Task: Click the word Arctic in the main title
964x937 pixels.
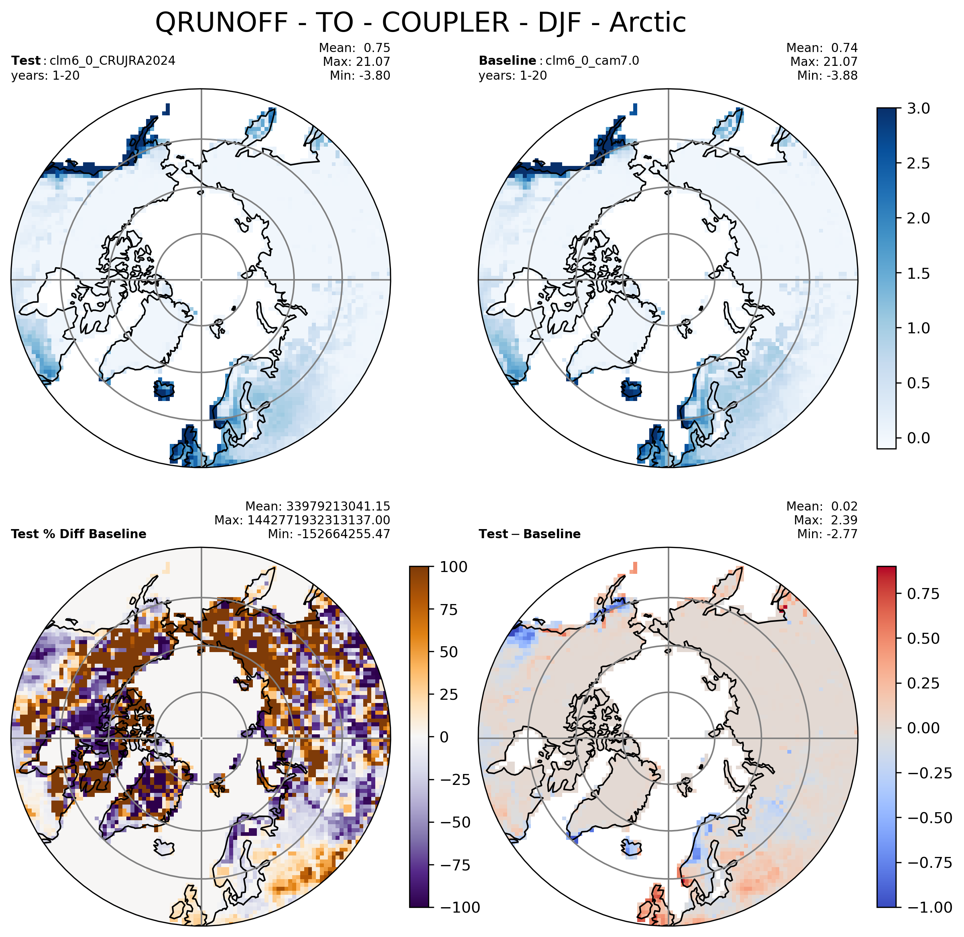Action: coord(648,23)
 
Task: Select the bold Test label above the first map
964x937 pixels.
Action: coord(26,60)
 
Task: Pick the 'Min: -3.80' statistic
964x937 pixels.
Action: coord(360,75)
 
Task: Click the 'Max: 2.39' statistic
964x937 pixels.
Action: coord(826,520)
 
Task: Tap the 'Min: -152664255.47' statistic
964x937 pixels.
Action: coord(329,534)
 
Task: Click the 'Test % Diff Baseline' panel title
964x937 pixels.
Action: coord(79,534)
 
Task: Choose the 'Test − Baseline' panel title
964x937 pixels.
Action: coord(529,534)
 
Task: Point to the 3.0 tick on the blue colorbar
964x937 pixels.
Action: coord(918,108)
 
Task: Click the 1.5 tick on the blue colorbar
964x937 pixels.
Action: coord(918,273)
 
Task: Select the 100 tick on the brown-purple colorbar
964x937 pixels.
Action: coord(454,567)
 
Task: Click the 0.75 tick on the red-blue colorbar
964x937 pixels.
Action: coord(923,593)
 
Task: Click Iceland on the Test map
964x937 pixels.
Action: coord(164,389)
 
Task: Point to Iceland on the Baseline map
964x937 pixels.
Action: coord(631,389)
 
